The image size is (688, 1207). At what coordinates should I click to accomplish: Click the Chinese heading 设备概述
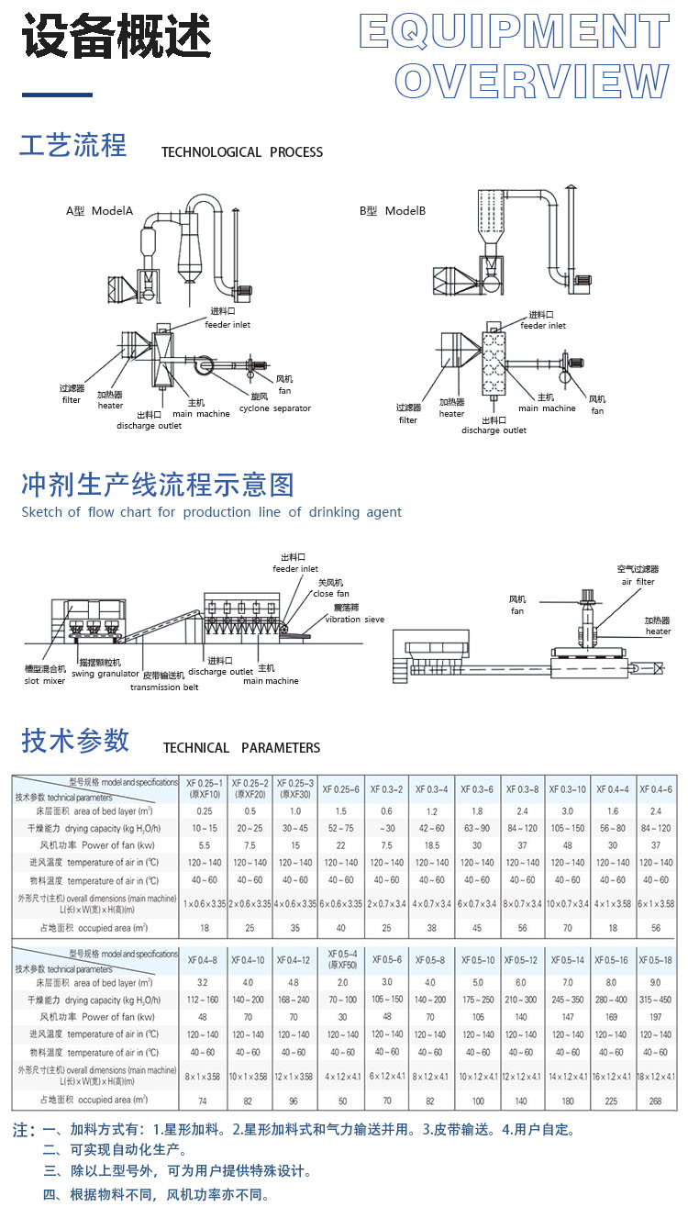(117, 39)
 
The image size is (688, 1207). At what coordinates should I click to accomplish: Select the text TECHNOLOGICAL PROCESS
(242, 152)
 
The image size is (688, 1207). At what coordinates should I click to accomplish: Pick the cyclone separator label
(275, 408)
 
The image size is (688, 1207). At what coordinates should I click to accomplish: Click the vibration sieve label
(355, 620)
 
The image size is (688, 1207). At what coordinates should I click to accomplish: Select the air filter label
(638, 581)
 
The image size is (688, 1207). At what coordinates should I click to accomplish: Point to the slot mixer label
(45, 680)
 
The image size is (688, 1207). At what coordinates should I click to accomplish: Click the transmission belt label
(164, 687)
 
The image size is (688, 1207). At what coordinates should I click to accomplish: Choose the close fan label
(337, 594)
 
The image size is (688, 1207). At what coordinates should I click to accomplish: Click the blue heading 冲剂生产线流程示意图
(158, 485)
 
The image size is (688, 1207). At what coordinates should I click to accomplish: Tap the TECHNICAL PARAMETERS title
(242, 748)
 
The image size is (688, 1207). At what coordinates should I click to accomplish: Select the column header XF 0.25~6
(341, 789)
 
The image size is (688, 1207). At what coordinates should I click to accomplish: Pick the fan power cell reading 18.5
(431, 844)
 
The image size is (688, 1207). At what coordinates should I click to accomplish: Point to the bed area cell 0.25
(204, 811)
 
